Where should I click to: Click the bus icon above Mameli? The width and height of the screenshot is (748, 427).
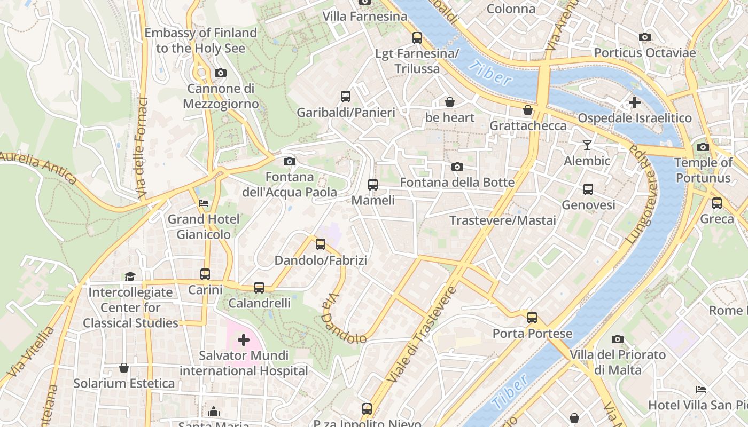(372, 185)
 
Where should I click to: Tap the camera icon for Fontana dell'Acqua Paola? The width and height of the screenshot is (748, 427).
(289, 161)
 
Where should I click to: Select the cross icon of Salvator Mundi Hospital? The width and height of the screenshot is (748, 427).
(244, 339)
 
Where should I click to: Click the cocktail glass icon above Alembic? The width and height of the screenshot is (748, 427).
(587, 145)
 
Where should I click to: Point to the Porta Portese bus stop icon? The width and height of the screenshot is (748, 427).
(532, 318)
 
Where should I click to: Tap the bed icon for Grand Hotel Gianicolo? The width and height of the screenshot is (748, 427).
(204, 203)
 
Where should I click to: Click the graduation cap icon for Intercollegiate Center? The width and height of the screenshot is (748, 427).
(130, 276)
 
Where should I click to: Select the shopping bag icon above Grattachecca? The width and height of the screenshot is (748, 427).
(528, 110)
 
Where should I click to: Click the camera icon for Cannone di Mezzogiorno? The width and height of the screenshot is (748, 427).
(220, 73)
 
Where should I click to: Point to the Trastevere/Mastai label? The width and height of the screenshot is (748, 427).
(502, 220)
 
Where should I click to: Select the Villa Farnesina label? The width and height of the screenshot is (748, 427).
(365, 17)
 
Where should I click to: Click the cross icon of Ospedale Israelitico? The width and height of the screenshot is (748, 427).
(634, 102)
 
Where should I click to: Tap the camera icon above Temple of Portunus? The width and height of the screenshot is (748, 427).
(703, 147)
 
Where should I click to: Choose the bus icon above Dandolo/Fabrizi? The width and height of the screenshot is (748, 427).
(320, 244)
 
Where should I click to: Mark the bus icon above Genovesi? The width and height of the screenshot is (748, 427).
(588, 189)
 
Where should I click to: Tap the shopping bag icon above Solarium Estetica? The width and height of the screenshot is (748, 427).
(124, 368)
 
